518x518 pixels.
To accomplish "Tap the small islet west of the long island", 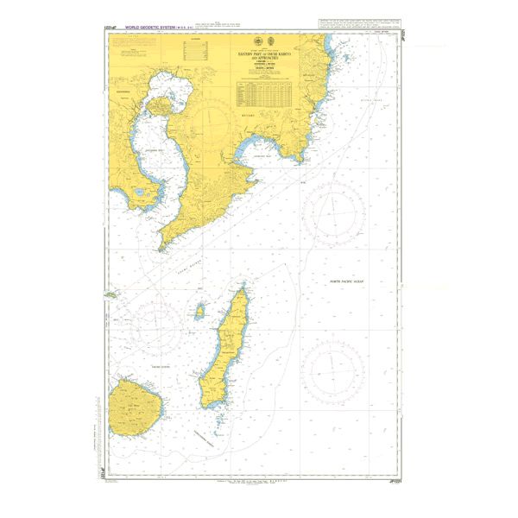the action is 199,309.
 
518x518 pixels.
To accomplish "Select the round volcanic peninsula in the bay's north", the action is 162,106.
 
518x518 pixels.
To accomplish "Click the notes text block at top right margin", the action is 363,32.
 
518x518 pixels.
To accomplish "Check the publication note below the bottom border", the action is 259,484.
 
